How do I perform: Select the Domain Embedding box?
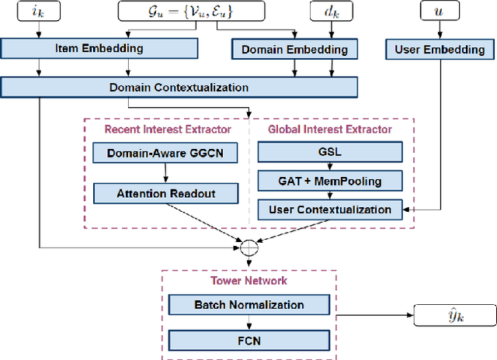(294, 50)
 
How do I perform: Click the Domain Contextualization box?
(179, 86)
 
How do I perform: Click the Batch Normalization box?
(248, 305)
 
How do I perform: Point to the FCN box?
(248, 338)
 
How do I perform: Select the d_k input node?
(332, 12)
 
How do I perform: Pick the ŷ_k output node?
(454, 315)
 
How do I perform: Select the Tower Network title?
(248, 281)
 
